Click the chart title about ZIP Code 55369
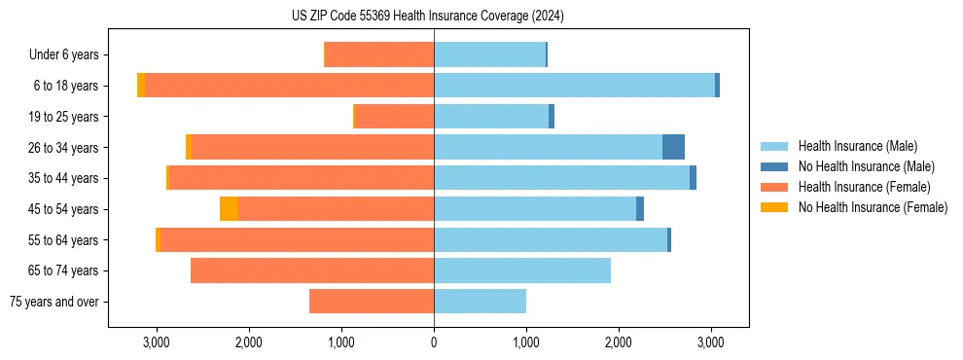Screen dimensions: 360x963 pos(427,17)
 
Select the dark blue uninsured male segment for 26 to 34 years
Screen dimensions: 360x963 pos(673,147)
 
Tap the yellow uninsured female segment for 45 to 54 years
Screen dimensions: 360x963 pos(229,209)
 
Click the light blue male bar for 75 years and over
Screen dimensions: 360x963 pos(480,302)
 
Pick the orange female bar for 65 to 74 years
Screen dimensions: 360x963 pos(312,270)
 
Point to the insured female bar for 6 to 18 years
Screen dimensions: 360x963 pos(289,86)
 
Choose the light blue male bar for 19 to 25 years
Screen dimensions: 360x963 pos(491,117)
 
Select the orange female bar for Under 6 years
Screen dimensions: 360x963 pos(379,54)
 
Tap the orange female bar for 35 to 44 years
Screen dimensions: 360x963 pos(302,178)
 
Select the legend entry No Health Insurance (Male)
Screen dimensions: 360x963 pos(866,166)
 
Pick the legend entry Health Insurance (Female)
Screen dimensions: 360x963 pos(864,187)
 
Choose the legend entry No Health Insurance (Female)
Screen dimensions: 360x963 pos(873,207)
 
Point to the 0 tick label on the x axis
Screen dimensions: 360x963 pos(434,342)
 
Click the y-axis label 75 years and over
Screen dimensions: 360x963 pos(53,302)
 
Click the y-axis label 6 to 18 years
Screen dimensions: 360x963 pos(66,86)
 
